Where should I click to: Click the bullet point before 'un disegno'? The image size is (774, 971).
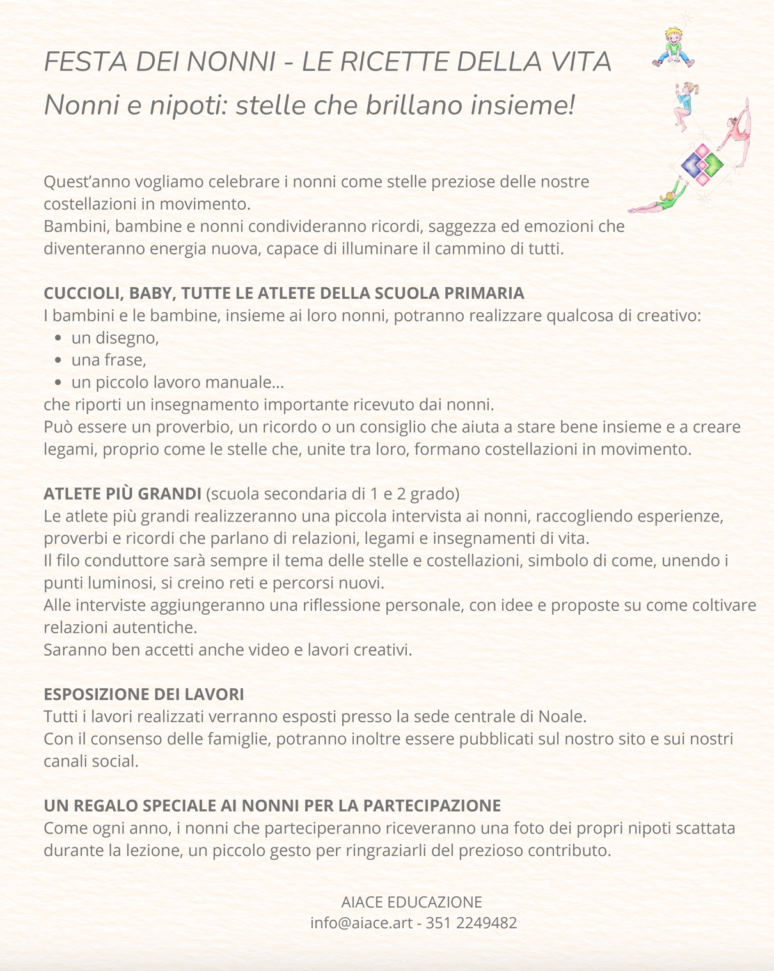click(x=58, y=338)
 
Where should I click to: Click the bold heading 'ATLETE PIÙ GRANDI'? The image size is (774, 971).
click(x=122, y=494)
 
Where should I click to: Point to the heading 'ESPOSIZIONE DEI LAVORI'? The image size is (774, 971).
click(x=143, y=694)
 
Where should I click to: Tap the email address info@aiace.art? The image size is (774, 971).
click(x=361, y=923)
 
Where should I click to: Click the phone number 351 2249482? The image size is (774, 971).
click(x=471, y=923)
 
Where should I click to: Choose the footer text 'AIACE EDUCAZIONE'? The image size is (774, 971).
click(x=411, y=902)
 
